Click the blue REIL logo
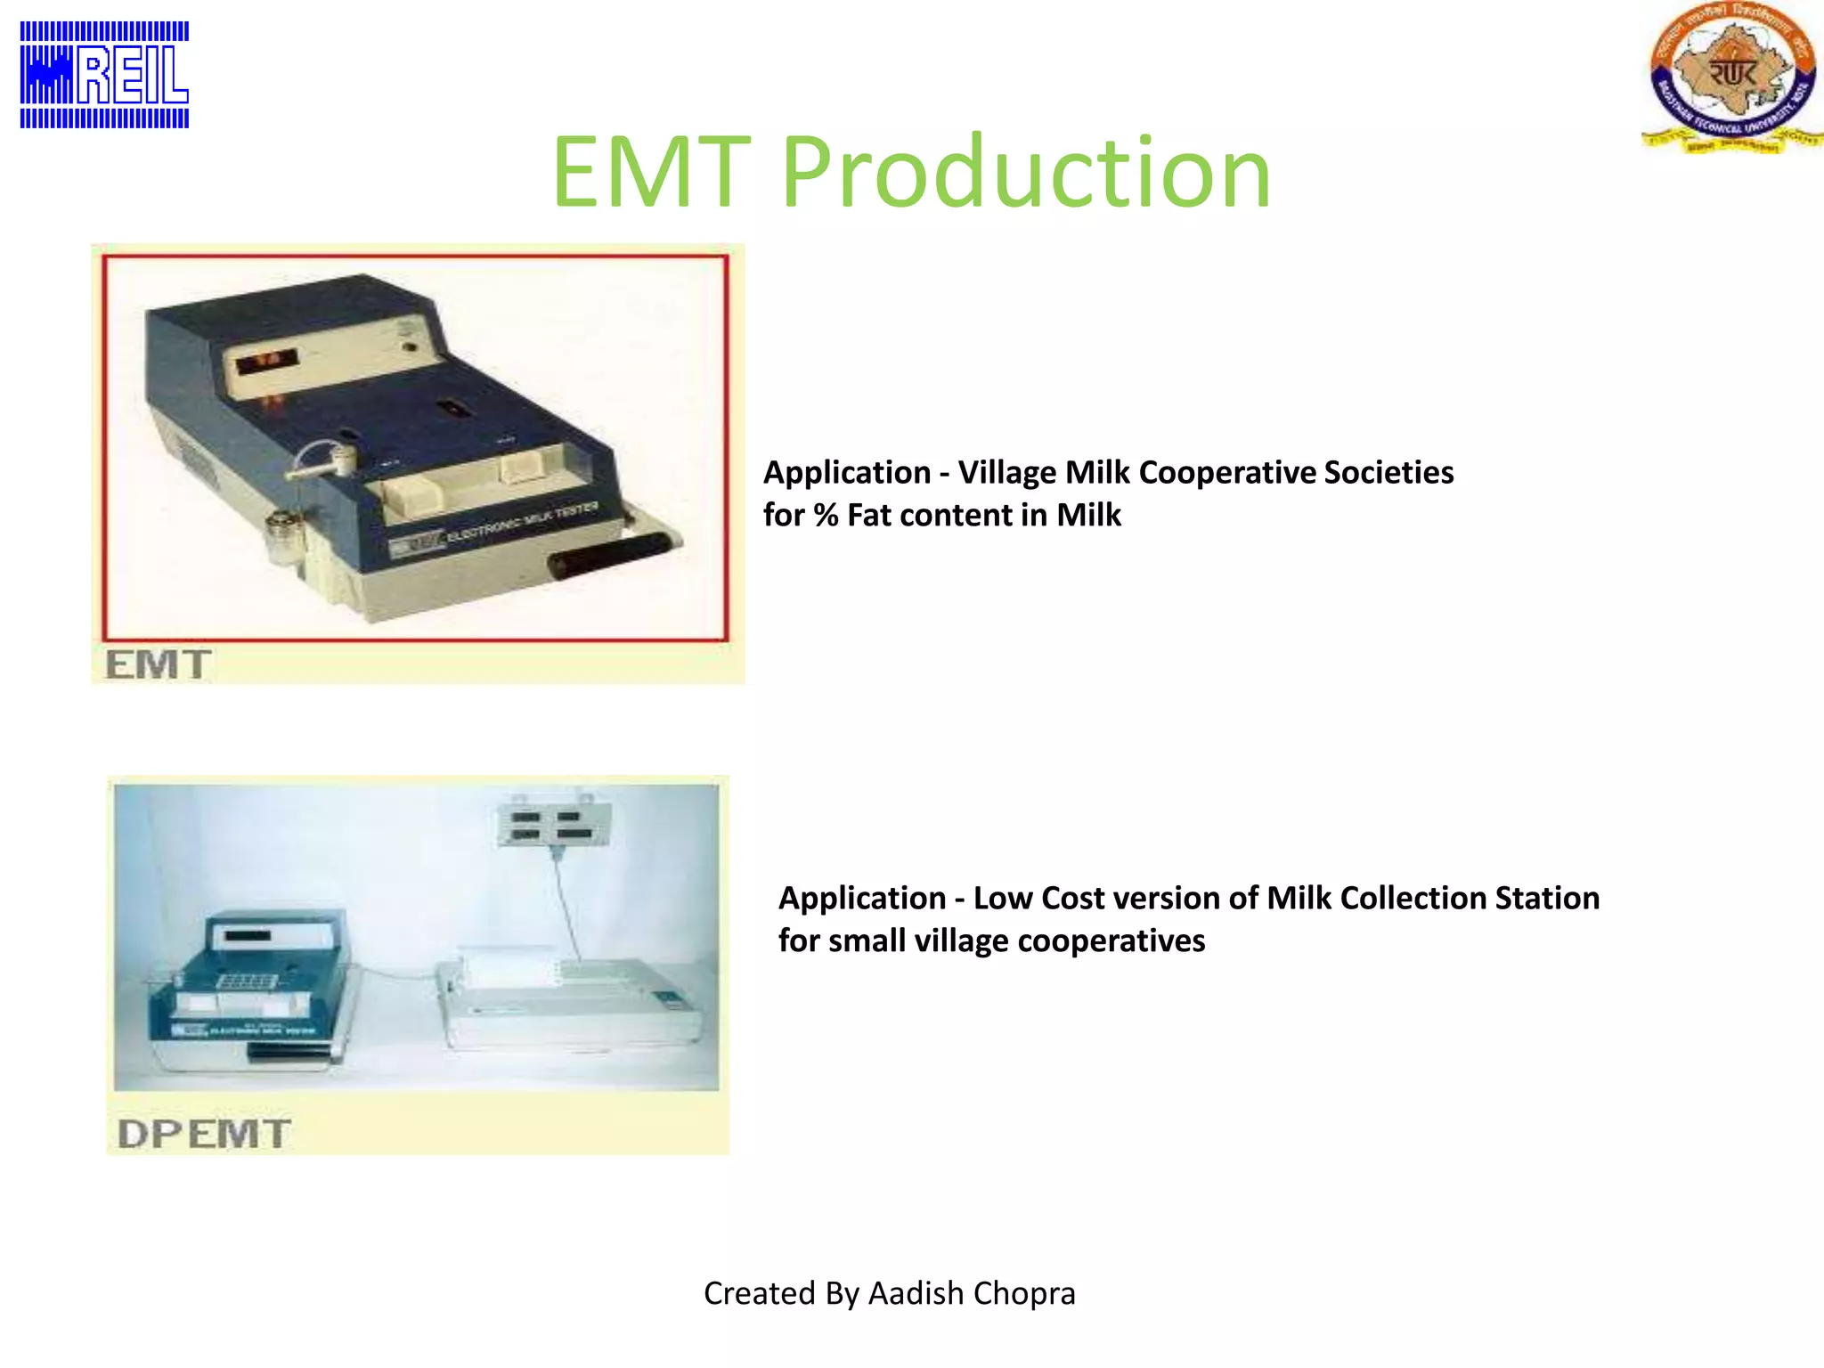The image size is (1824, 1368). pyautogui.click(x=104, y=75)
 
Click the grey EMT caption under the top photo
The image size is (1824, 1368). pyautogui.click(x=158, y=664)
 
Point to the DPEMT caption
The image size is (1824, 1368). pyautogui.click(x=204, y=1134)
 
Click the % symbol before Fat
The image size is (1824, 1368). pyautogui.click(x=826, y=516)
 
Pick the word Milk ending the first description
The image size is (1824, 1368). pyautogui.click(x=1088, y=516)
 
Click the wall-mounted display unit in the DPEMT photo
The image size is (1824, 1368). pyautogui.click(x=553, y=825)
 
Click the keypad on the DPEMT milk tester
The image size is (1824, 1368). pyautogui.click(x=248, y=981)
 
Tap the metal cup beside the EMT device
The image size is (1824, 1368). pyautogui.click(x=284, y=534)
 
